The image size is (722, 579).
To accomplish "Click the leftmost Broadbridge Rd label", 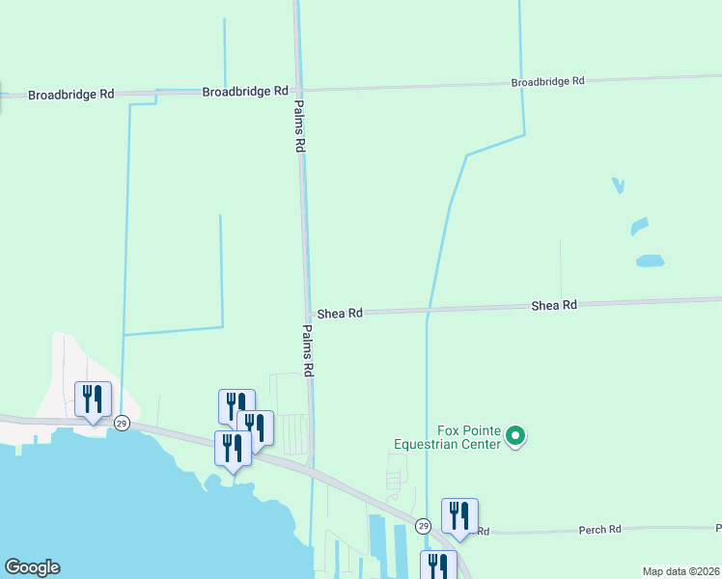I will coord(71,95).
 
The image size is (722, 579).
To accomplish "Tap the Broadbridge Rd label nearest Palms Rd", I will coord(245,91).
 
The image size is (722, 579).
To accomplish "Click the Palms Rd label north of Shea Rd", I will coord(299,126).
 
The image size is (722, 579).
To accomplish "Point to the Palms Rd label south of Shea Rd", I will coord(309,349).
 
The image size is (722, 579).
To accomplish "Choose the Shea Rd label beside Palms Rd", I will coord(340,314).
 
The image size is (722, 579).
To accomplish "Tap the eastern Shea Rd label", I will coord(554,305).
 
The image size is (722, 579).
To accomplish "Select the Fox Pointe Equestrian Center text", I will coord(447,438).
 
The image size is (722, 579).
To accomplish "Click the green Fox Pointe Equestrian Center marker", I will coord(515,437).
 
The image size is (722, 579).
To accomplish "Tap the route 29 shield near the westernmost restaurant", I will coord(122,424).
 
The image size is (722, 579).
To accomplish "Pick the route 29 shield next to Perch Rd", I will coord(423,526).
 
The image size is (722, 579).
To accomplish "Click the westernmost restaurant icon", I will coord(94,398).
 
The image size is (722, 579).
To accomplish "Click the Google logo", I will coord(32,568).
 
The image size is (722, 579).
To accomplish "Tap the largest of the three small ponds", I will coord(651,261).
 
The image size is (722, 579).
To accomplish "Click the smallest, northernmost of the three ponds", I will coord(618,184).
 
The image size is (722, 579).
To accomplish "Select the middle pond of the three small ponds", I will coord(639,226).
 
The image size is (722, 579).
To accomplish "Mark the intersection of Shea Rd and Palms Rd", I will coord(308,314).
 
